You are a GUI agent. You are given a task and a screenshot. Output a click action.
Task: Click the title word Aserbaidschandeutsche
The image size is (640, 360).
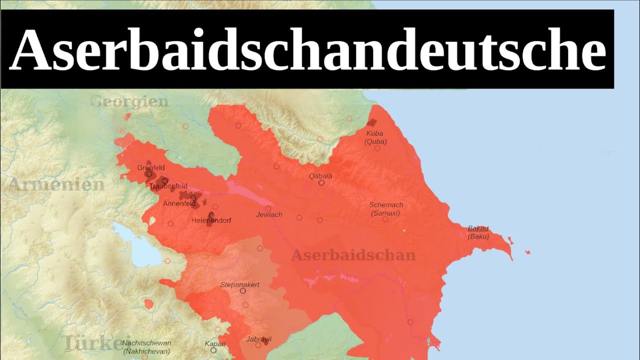[x=307, y=49]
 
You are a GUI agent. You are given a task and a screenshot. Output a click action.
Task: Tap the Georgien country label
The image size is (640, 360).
[x=130, y=102]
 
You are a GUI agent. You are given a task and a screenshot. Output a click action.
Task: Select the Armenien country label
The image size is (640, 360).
[x=56, y=184]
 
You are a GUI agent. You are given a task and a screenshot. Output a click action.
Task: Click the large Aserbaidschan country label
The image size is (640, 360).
[x=353, y=255]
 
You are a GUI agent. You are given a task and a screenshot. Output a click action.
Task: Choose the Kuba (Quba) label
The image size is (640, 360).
[x=376, y=137]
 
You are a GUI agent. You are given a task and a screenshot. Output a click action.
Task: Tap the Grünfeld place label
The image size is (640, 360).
[x=151, y=167]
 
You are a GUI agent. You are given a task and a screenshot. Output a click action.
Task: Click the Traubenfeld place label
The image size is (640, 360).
[x=168, y=186]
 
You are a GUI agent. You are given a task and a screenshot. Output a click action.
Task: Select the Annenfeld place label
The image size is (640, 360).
[x=179, y=203]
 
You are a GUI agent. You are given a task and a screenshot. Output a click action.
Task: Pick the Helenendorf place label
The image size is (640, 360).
[x=211, y=220]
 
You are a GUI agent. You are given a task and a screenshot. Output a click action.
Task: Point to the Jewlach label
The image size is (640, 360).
[x=269, y=214]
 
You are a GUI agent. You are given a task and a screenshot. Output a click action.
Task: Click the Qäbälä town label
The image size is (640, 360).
[x=320, y=175]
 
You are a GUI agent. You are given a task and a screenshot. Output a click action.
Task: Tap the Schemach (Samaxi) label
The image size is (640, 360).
[x=386, y=209]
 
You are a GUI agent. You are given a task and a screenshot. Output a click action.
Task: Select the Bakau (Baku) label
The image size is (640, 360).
[x=478, y=232]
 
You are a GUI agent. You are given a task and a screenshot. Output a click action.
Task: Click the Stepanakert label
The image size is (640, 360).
[x=240, y=284]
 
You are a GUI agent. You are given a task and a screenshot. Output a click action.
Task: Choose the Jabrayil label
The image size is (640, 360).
[x=258, y=339]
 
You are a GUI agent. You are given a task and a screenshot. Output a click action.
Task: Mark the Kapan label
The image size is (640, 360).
[x=215, y=343]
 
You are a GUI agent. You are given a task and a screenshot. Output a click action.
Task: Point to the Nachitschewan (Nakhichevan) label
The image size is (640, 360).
[x=146, y=347]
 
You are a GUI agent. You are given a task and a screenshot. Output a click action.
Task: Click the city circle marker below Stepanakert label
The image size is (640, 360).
[x=243, y=291]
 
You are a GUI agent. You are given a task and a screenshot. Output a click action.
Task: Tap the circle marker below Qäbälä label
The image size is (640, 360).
[x=321, y=183]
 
